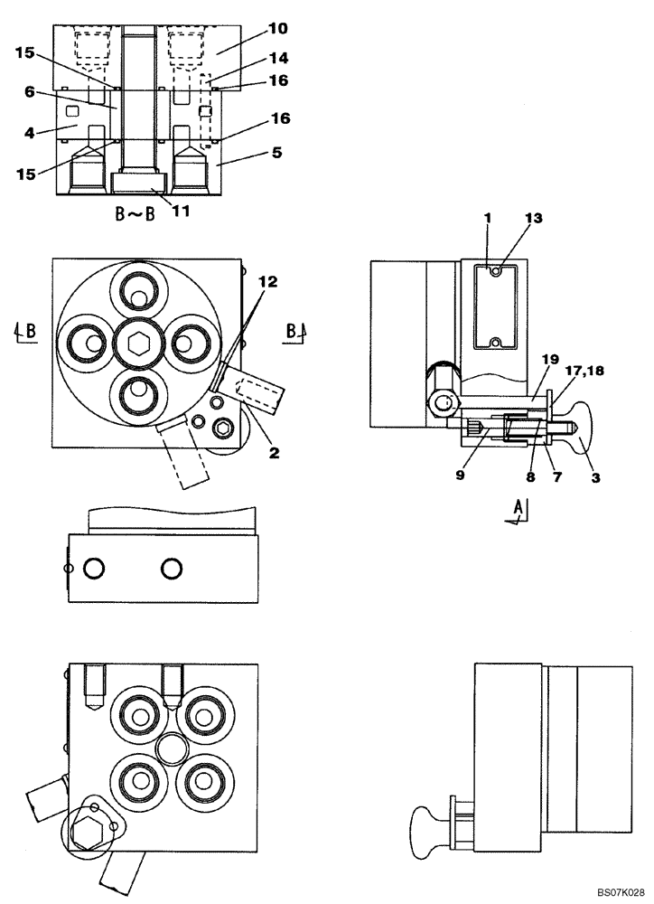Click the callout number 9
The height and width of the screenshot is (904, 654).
(x=460, y=475)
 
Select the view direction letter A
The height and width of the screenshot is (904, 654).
(x=517, y=510)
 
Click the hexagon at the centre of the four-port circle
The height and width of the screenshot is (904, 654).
(x=137, y=344)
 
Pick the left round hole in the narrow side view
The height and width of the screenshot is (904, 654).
(x=93, y=568)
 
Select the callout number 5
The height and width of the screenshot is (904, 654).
(x=276, y=153)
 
